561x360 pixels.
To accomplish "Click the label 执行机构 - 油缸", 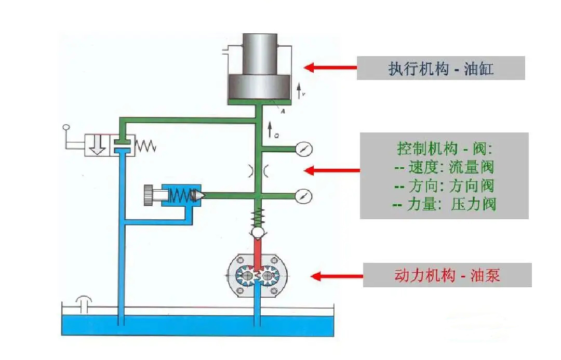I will pos(440,68).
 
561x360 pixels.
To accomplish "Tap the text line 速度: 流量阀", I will pos(444,167).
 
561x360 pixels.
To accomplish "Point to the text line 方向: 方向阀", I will pos(444,186).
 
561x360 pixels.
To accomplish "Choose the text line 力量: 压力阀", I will pos(444,204).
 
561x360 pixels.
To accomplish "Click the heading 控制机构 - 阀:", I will pos(444,150).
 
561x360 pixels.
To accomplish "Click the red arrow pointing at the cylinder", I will pos(330,68).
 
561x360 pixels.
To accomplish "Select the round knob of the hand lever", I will pos(66,127).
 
